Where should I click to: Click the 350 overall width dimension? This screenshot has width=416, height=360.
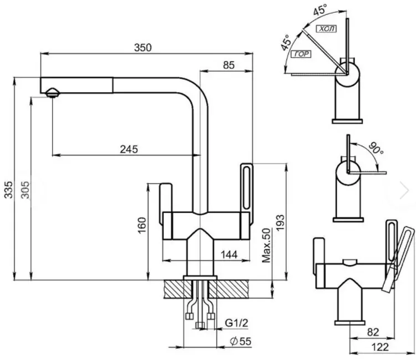(x=143, y=48)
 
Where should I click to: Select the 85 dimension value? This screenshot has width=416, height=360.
(x=229, y=65)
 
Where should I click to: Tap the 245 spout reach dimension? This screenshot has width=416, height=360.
(x=129, y=149)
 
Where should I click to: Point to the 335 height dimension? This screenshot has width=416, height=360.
(x=8, y=189)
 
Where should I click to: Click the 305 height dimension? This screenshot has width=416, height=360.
(x=26, y=190)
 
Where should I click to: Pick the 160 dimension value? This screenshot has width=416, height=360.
(x=142, y=225)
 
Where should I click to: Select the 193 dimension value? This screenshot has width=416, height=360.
(x=280, y=223)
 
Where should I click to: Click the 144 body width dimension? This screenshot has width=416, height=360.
(x=229, y=255)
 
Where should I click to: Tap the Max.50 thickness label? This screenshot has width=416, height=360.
(x=266, y=245)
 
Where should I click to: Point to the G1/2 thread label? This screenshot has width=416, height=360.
(x=236, y=323)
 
